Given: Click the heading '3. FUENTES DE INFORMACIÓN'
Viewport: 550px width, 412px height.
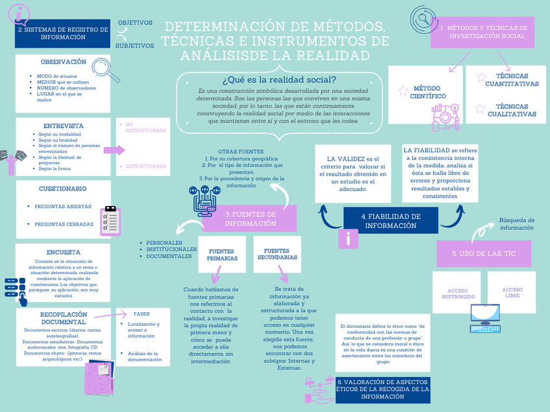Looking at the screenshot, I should (x=250, y=219).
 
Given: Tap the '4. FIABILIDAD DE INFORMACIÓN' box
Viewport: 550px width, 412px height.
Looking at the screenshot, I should (x=390, y=221).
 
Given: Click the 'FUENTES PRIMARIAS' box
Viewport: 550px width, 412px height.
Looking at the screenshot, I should (x=222, y=254).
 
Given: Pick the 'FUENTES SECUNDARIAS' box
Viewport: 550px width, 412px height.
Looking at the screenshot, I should (x=277, y=254).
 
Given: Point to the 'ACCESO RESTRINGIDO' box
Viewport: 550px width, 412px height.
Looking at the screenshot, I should (x=457, y=292).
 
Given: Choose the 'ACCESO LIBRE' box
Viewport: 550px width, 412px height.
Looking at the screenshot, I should (x=512, y=292).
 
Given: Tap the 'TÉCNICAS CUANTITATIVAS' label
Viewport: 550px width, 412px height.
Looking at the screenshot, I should (x=511, y=80).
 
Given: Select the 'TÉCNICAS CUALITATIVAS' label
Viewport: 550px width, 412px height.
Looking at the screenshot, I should (x=511, y=110).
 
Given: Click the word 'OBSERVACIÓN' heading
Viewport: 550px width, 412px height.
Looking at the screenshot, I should (x=64, y=62).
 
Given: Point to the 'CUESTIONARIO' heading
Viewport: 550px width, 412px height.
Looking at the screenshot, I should (x=63, y=189).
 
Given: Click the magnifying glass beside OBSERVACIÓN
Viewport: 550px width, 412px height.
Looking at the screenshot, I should (x=106, y=69).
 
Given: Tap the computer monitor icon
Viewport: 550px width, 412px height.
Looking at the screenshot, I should (x=485, y=314).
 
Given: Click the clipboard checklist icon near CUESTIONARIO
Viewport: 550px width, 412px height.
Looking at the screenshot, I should (x=110, y=220).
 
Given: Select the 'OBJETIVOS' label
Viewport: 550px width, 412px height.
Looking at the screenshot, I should (x=135, y=23).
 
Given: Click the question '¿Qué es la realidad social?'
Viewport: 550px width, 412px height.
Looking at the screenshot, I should (x=279, y=80).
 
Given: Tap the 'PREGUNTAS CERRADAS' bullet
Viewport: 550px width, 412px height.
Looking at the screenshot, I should (x=63, y=224).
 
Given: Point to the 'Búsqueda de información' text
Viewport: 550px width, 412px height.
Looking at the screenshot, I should (x=516, y=223).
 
